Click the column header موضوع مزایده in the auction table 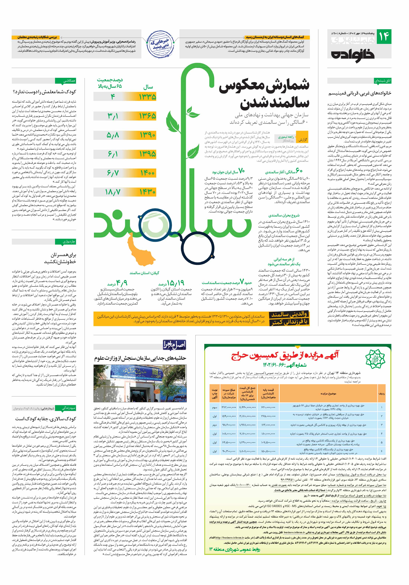328,394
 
